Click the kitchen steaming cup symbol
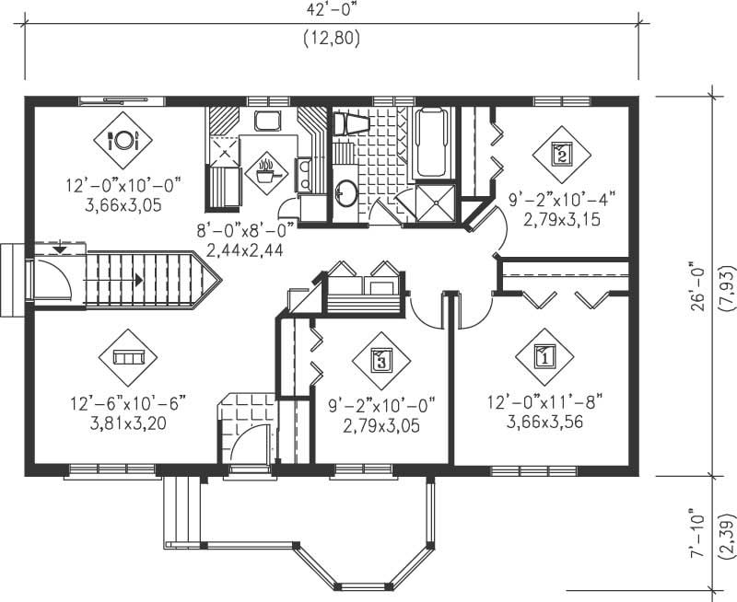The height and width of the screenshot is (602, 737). tap(266, 171)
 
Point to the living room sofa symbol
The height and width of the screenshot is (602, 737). tap(128, 356)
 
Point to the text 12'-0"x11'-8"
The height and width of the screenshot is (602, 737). tap(544, 402)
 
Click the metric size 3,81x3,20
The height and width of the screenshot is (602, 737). tap(127, 423)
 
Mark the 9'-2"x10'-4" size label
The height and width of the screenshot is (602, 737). tap(562, 197)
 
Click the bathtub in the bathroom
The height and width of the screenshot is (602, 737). tap(433, 144)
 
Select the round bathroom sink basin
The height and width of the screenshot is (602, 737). tap(346, 193)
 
